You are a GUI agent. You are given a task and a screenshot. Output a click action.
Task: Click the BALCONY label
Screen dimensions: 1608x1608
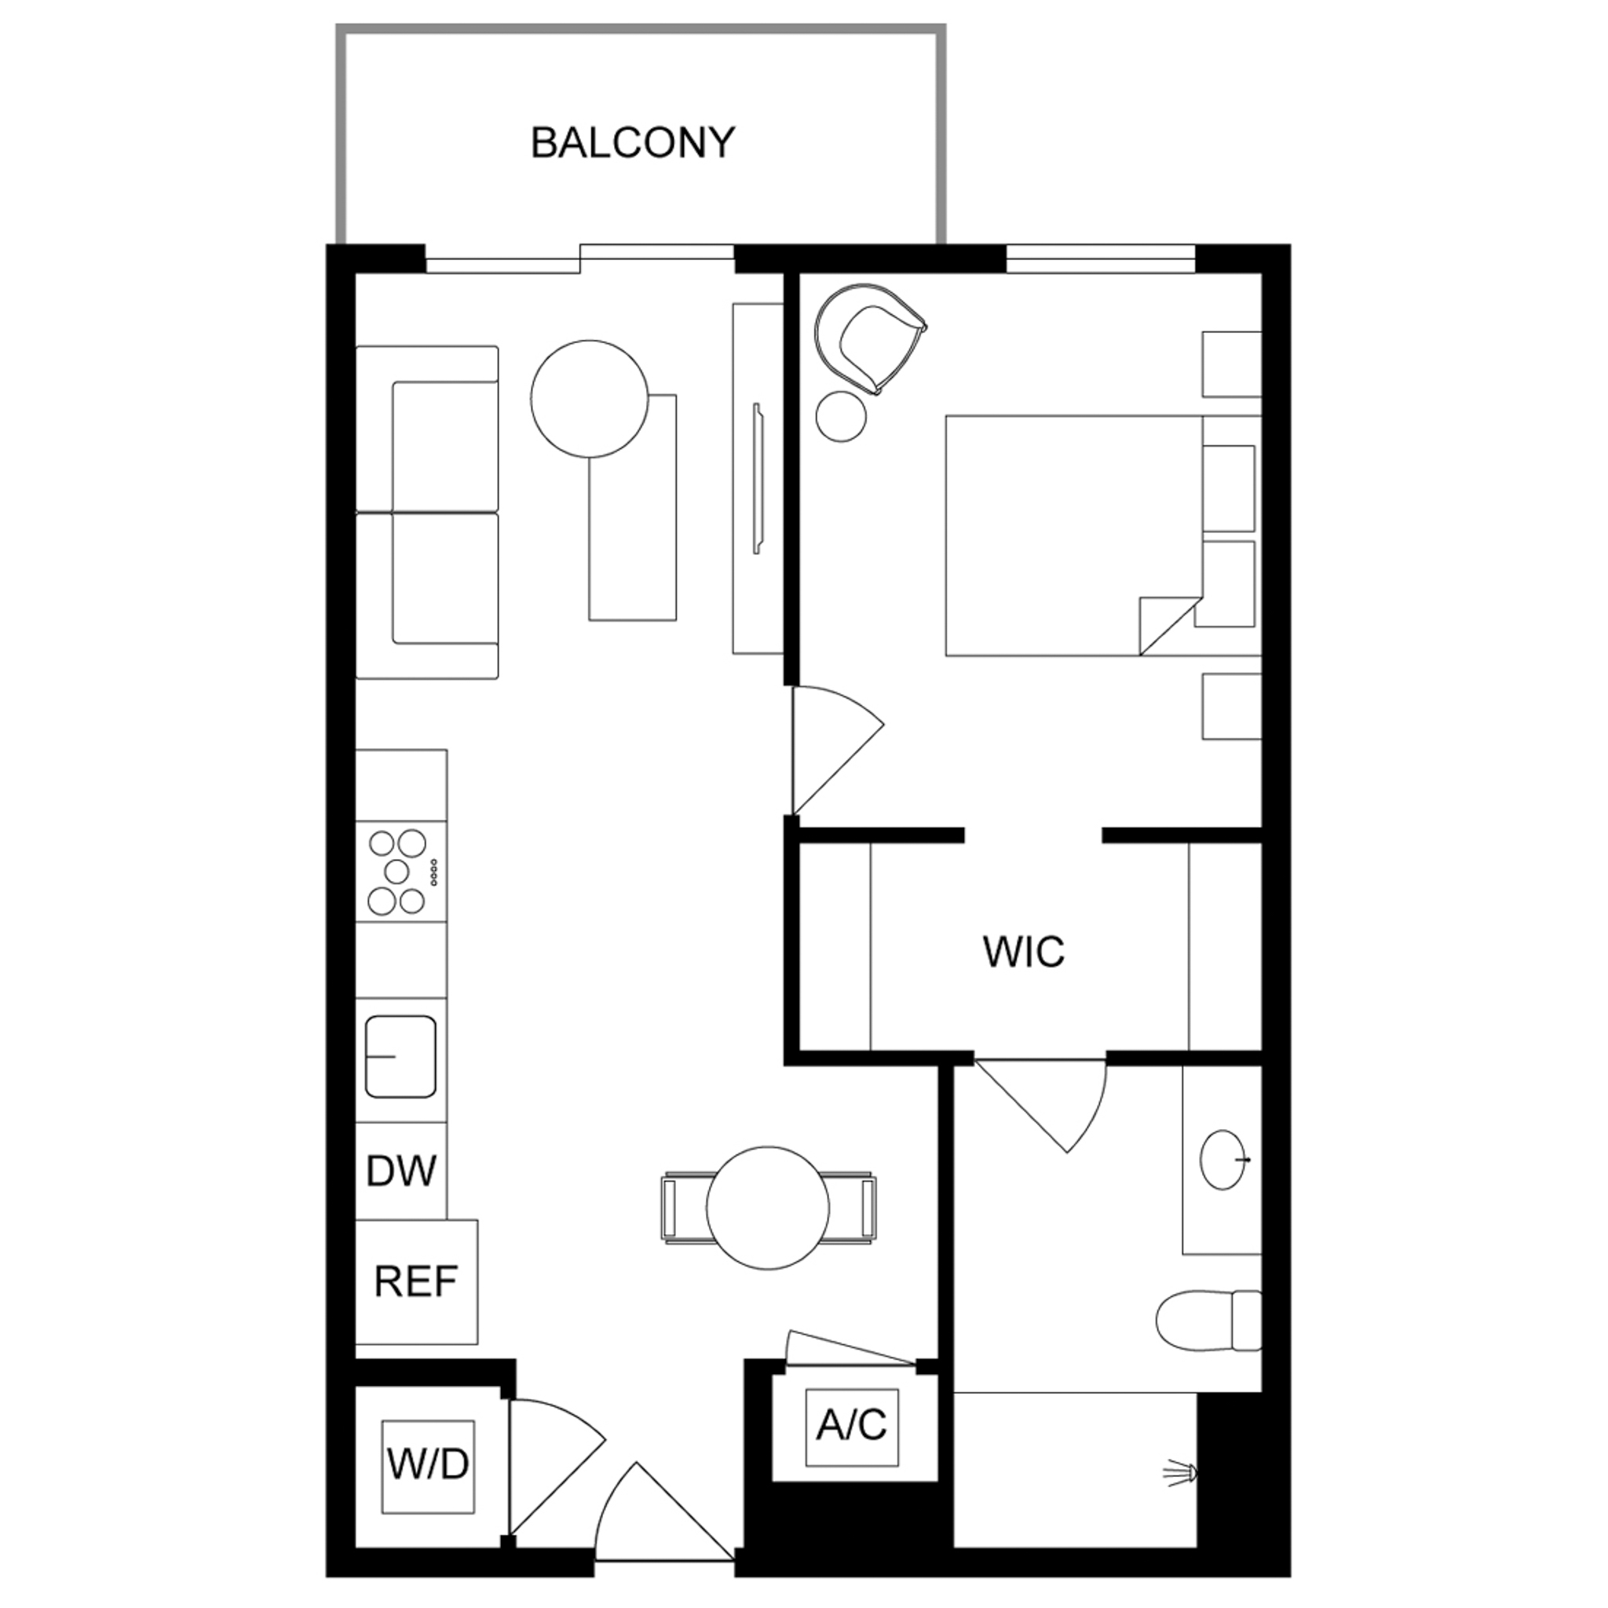633,143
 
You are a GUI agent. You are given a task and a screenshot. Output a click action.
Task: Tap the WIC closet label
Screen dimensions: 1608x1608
1023,952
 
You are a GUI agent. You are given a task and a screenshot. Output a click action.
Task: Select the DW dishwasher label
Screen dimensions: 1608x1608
401,1170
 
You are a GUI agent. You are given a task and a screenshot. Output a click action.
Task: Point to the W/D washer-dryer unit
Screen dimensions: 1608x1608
428,1467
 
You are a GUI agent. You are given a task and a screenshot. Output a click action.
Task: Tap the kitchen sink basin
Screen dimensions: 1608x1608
400,1056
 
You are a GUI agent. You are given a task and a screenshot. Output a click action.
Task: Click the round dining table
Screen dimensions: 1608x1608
768,1208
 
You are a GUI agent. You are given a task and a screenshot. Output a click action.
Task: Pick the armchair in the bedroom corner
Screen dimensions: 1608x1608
869,338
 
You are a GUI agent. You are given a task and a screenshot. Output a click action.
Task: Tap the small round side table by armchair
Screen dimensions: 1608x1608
842,416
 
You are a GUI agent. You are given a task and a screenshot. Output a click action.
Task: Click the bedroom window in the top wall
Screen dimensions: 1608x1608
1100,258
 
